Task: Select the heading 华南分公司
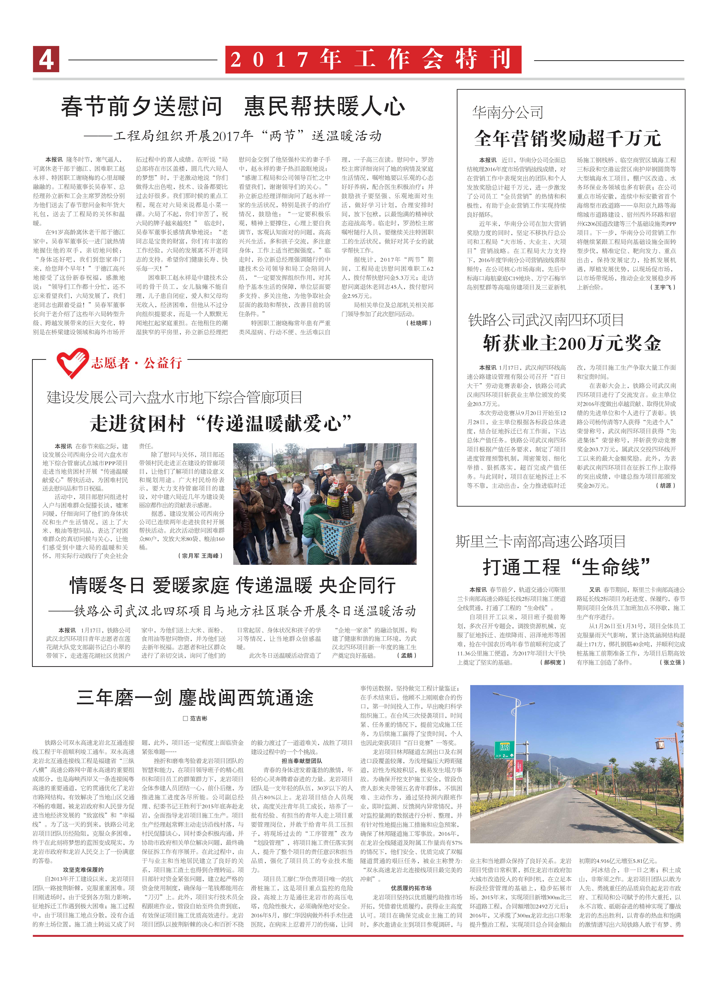tap(508, 113)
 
